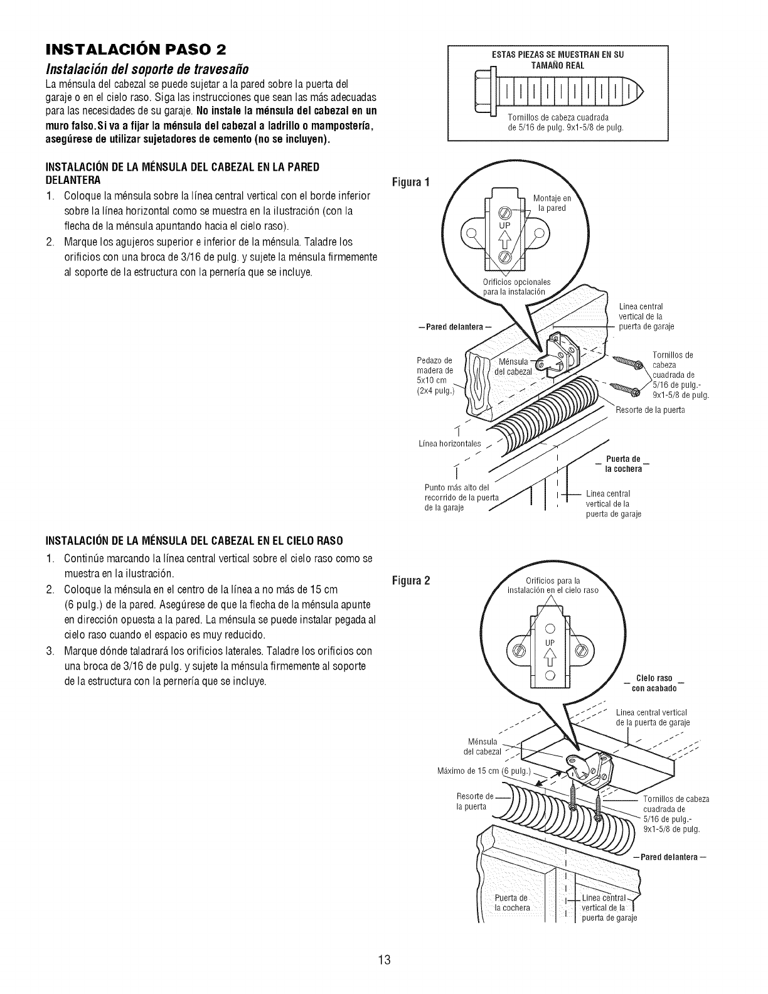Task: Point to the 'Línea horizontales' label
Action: pos(449,444)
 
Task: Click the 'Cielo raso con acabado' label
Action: pos(654,683)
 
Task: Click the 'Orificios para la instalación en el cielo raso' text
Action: pos(552,585)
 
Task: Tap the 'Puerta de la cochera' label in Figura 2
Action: pos(512,903)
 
